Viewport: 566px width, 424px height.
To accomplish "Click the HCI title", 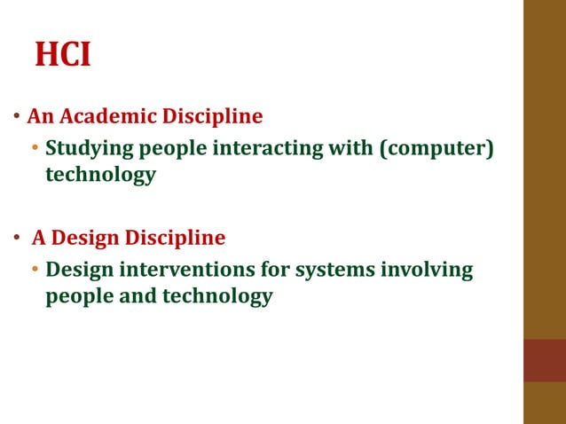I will point(63,55).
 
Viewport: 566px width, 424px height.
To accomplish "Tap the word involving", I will point(427,269).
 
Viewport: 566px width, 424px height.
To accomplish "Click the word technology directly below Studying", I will point(100,175).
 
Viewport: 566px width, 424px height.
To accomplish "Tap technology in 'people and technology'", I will point(217,296).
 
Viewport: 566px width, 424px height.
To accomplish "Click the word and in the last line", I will point(137,296).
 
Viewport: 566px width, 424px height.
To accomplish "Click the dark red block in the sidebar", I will point(544,360).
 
